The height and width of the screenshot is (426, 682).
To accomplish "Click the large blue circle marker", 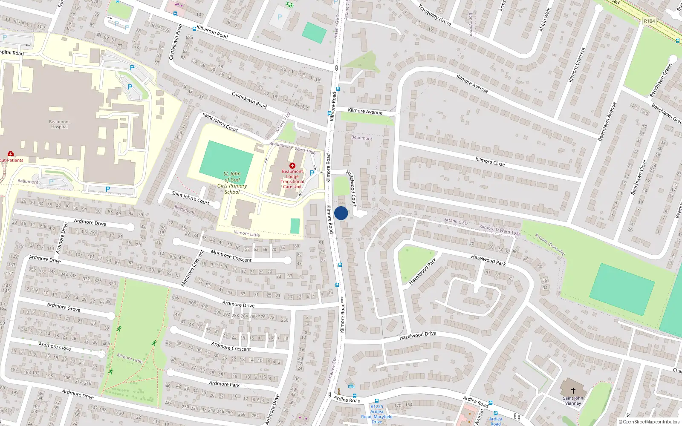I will [341, 213].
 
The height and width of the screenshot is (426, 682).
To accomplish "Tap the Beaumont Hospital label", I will [60, 124].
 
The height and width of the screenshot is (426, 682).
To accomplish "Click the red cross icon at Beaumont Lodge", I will [292, 165].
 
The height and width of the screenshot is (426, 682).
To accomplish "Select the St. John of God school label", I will [232, 183].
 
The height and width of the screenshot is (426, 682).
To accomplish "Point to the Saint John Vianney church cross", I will [573, 390].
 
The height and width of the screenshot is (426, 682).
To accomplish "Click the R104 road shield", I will [650, 21].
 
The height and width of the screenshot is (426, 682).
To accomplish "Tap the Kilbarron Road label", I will [212, 32].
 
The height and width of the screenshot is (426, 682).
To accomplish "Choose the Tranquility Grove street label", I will [434, 15].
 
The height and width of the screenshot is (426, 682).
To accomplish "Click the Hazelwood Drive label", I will [418, 336].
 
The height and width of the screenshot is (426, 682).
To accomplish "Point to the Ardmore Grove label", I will [64, 307].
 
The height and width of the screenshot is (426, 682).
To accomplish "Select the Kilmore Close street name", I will [490, 161].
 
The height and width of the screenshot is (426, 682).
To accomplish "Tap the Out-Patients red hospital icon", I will [11, 153].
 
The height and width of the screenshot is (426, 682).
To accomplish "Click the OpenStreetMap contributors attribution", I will [649, 422].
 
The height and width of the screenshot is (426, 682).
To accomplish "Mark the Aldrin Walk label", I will [545, 19].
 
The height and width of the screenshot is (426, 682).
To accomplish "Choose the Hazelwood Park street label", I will [423, 271].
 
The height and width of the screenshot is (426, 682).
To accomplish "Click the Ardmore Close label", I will [55, 346].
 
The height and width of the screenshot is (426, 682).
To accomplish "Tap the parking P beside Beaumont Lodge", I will [312, 173].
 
